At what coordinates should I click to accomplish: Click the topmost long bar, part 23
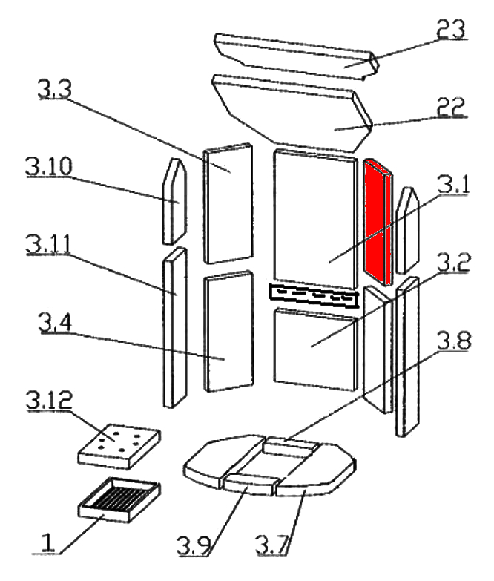(297, 50)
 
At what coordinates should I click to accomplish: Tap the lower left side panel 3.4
(225, 332)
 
